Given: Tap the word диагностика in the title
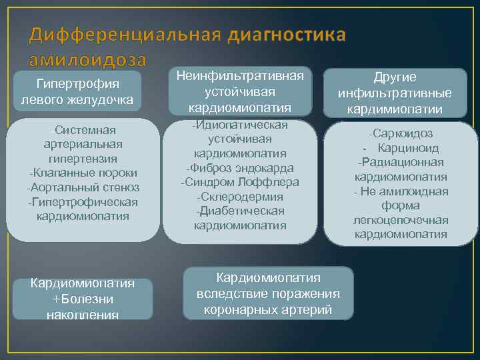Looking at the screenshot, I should tap(287, 35).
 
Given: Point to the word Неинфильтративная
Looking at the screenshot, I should tap(240, 76).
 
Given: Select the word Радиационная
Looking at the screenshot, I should tap(403, 163).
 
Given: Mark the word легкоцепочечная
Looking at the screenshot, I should tap(401, 220).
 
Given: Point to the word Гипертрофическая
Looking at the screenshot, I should tap(83, 202).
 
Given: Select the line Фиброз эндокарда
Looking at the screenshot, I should tap(240, 168).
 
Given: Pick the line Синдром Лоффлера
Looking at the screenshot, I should tap(240, 183).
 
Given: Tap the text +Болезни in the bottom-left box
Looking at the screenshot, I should tap(83, 299).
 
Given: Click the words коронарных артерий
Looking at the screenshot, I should tap(267, 310).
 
